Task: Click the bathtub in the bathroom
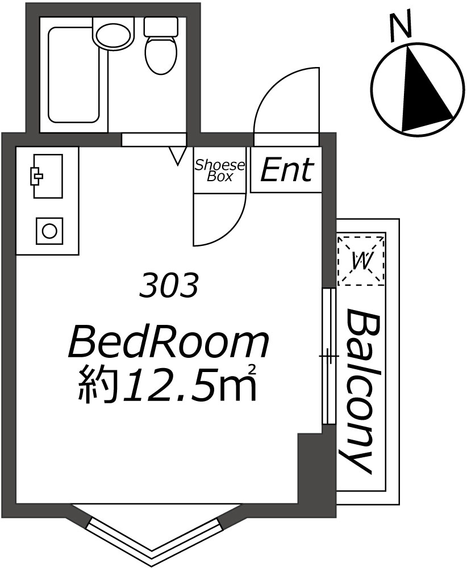73,74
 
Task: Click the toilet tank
161,27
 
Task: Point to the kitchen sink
48,176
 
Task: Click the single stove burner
49,231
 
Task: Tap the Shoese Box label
220,170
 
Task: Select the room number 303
169,285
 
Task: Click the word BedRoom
169,341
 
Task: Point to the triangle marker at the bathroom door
177,156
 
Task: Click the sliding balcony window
330,356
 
